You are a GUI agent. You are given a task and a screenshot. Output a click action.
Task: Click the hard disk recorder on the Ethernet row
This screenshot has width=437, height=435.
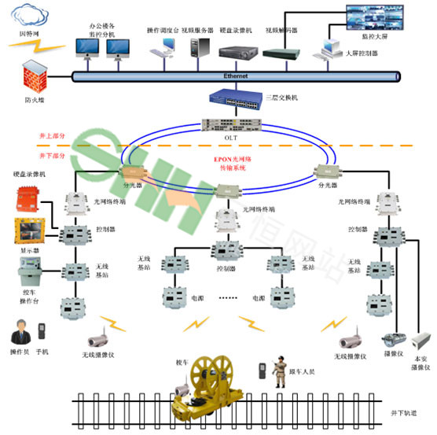tap(237, 51)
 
